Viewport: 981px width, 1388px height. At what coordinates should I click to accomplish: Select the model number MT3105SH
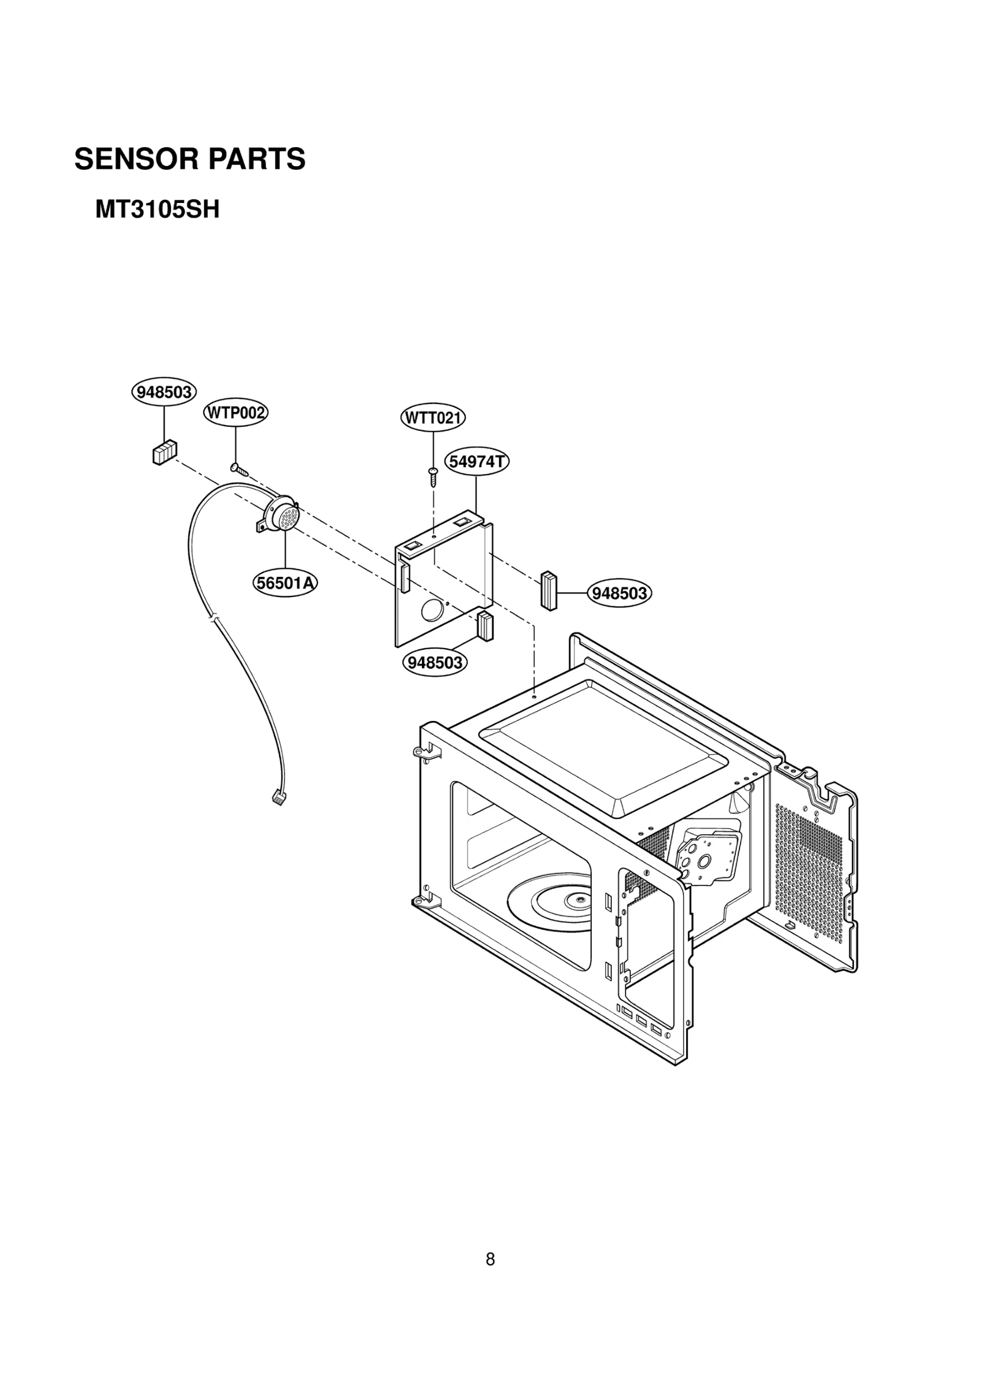point(157,210)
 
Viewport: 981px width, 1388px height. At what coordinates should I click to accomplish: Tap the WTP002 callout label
point(235,413)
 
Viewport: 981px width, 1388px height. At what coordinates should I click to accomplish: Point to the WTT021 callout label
point(433,418)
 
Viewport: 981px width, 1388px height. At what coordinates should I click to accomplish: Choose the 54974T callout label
point(477,462)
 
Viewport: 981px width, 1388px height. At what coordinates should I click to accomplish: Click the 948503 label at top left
point(164,392)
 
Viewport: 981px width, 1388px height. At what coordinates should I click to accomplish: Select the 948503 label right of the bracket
point(620,593)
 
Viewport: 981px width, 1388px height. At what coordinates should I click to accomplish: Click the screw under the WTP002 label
point(239,470)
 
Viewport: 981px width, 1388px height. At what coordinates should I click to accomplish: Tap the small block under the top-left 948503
point(164,452)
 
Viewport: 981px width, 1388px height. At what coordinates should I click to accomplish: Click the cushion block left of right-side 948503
point(548,590)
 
